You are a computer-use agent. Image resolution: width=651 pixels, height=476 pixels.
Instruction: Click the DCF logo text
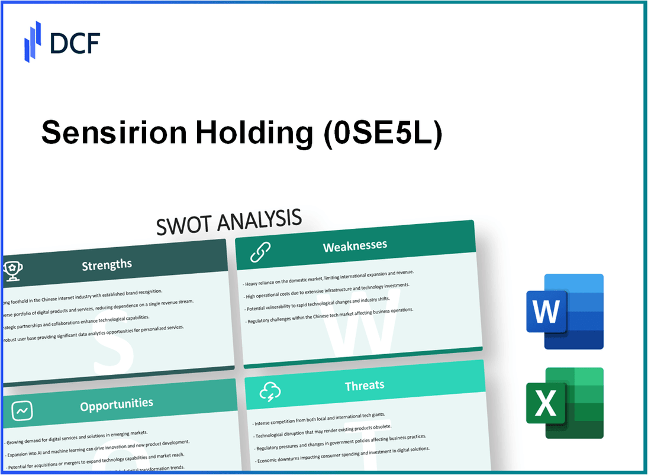[x=75, y=43]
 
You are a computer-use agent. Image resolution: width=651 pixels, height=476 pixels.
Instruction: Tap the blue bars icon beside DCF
[x=33, y=41]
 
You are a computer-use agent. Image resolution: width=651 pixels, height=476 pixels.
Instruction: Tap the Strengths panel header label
[x=107, y=264]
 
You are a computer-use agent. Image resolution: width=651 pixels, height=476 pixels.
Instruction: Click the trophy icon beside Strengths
[x=13, y=269]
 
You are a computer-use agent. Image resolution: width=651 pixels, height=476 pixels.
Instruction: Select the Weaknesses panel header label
[x=355, y=245]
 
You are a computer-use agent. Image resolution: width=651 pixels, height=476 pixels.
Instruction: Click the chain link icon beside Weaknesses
[x=260, y=252]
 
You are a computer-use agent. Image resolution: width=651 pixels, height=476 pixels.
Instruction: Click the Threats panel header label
[x=365, y=386]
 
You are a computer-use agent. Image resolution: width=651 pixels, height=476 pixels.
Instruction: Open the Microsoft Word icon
[x=565, y=311]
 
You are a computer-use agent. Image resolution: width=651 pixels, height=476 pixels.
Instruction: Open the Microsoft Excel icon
[x=565, y=403]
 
